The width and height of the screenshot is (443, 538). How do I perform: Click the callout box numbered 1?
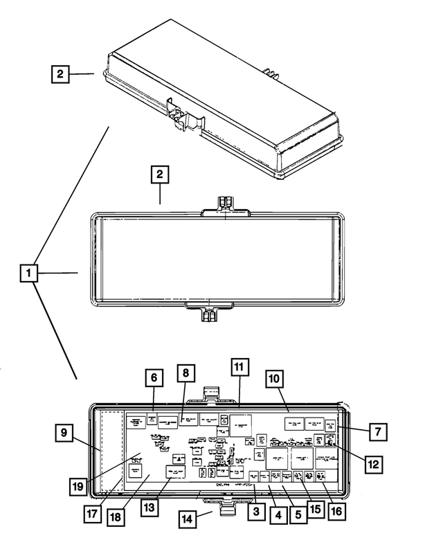tap(29, 274)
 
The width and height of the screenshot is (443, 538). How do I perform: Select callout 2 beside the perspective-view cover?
tap(61, 73)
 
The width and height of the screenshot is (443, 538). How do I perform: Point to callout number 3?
tap(257, 512)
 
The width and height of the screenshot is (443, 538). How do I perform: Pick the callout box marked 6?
tap(155, 378)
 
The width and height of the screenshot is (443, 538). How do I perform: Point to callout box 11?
tap(238, 367)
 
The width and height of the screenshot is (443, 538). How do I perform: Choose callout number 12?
tap(373, 464)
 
